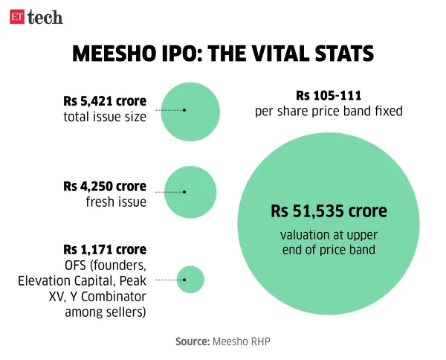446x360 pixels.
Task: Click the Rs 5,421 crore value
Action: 105,100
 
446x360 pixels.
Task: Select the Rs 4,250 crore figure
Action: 105,186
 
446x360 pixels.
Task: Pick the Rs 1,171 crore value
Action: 105,249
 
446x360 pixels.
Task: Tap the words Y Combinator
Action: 108,296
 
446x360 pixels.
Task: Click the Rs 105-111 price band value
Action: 329,97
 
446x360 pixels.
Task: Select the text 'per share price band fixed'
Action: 329,112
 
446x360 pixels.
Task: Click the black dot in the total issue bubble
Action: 184,109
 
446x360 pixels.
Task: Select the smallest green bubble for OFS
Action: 190,280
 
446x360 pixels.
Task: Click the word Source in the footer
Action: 193,341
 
